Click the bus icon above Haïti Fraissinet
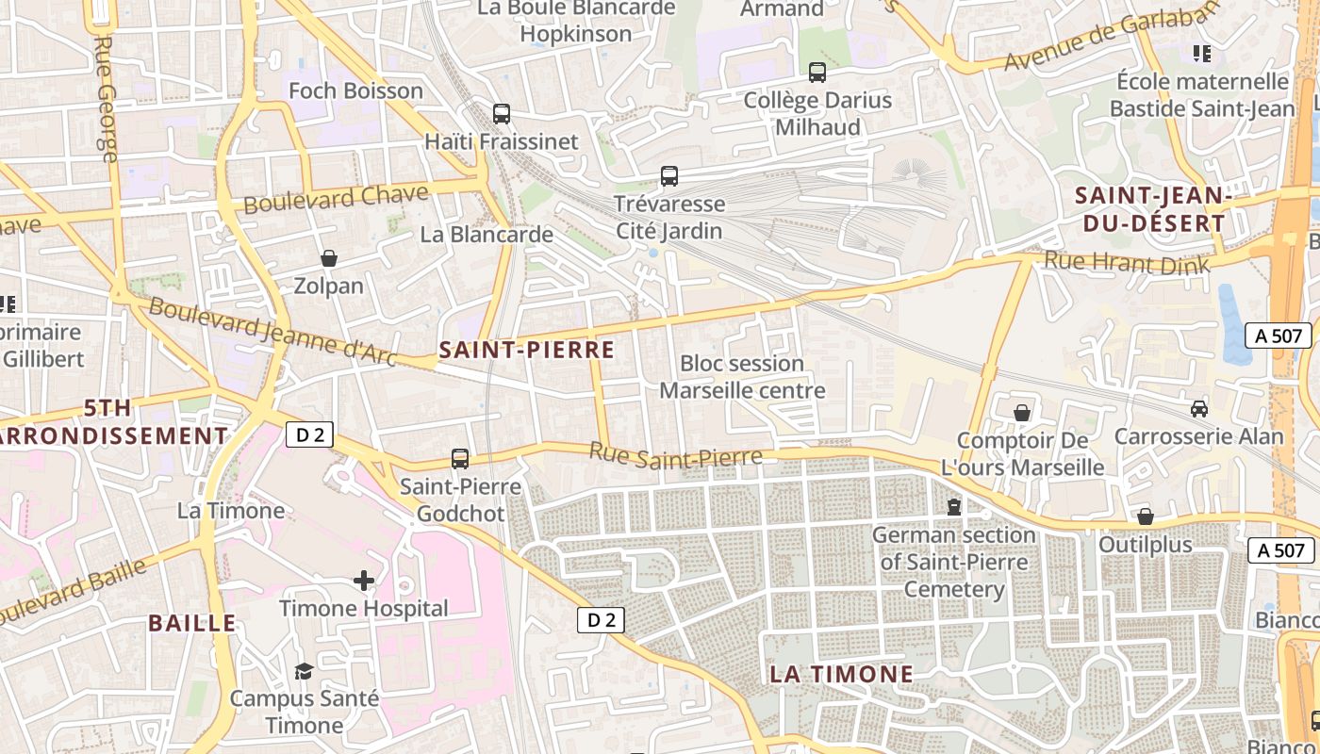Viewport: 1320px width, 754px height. [x=502, y=114]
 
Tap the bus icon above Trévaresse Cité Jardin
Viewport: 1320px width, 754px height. [x=669, y=175]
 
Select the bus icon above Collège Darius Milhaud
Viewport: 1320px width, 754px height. [x=817, y=72]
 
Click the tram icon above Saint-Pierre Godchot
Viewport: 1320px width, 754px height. [x=460, y=459]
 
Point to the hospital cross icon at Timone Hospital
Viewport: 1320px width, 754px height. [x=364, y=581]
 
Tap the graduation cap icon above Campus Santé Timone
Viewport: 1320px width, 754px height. [x=304, y=671]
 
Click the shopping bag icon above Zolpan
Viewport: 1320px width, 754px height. [x=329, y=257]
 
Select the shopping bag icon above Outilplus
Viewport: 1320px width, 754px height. [x=1146, y=516]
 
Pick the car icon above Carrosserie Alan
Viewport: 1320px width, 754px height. [x=1199, y=408]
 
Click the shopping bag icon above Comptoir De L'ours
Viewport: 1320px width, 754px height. [x=1022, y=413]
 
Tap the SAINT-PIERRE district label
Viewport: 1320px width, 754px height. [x=526, y=351]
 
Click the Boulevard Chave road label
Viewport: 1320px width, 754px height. [x=336, y=199]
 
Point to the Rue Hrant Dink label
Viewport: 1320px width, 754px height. [x=1126, y=261]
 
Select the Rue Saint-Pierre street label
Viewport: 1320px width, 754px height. [x=675, y=455]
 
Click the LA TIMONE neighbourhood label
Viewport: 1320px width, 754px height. [x=841, y=674]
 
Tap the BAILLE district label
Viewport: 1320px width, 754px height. [x=191, y=623]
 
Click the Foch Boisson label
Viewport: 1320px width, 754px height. [x=355, y=90]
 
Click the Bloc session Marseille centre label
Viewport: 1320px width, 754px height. [x=742, y=376]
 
